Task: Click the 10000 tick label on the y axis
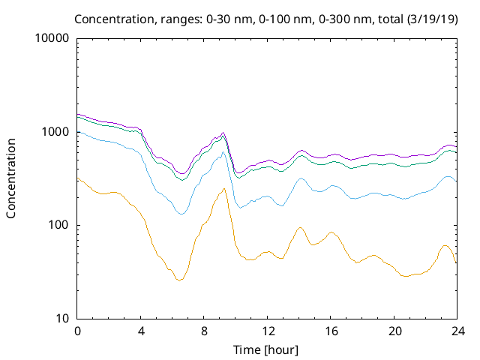point(52,39)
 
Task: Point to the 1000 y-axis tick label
point(55,132)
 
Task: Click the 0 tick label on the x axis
point(77,331)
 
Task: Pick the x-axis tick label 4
point(140,331)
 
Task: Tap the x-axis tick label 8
point(204,331)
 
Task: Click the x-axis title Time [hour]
point(267,349)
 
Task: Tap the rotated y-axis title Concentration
point(11,178)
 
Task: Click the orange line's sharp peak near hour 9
point(223,189)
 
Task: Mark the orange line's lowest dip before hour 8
point(179,280)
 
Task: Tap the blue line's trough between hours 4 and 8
point(181,214)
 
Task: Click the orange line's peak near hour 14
point(300,227)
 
